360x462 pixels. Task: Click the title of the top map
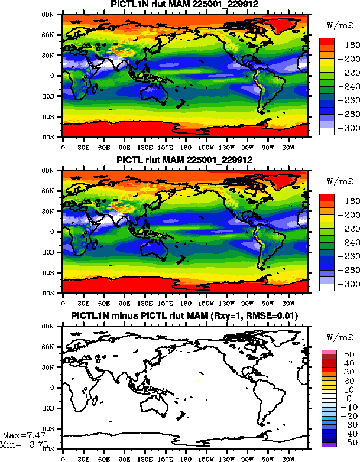[x=185, y=5]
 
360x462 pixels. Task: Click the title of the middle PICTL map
[x=185, y=160]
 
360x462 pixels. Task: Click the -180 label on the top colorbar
[x=346, y=45]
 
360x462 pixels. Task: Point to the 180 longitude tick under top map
[x=185, y=147]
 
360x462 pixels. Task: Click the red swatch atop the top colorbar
[x=327, y=42]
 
